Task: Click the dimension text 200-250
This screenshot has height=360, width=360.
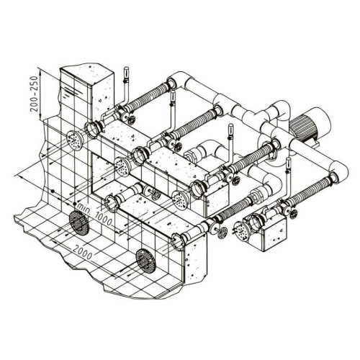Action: [35, 94]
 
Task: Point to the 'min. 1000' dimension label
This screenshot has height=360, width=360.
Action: [94, 214]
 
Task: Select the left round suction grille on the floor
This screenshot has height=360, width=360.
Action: [79, 223]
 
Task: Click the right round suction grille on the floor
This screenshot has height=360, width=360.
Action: [145, 260]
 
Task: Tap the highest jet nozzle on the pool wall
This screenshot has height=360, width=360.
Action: [74, 140]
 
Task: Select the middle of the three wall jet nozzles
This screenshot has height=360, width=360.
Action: [123, 166]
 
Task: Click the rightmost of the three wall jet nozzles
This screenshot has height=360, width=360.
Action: [180, 199]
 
